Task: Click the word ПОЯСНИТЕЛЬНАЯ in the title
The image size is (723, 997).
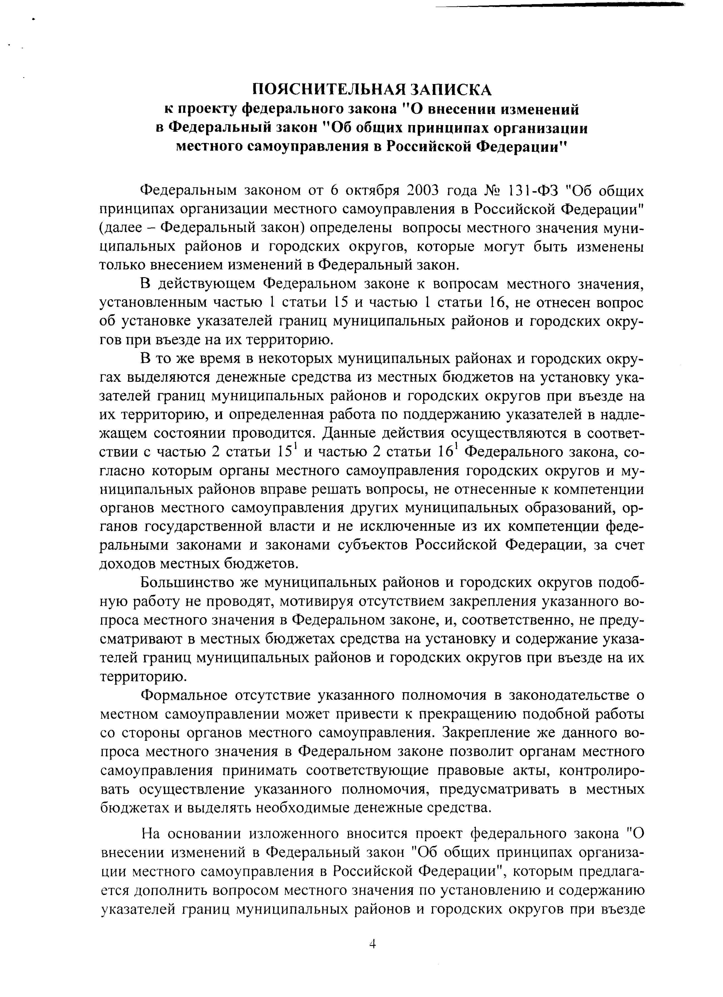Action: [x=327, y=90]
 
